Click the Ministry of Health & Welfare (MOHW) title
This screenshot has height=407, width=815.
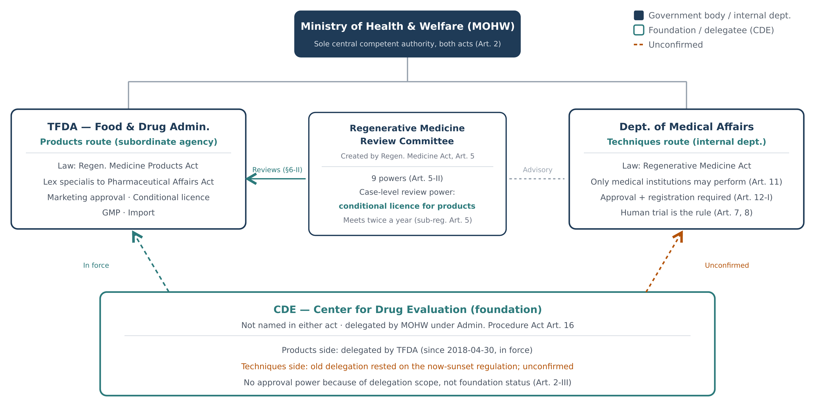point(407,26)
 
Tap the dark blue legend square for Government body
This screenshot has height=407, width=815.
point(638,15)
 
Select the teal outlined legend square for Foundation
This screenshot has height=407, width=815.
point(638,30)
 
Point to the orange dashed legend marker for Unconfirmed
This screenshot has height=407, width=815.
point(638,45)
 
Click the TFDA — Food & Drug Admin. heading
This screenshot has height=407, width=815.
point(128,127)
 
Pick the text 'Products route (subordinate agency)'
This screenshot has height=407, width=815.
point(128,142)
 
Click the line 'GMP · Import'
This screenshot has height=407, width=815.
point(128,213)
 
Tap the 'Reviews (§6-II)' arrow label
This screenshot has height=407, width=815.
point(277,170)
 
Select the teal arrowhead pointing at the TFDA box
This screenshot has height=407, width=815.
point(252,179)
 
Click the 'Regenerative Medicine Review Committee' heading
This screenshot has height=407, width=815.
point(407,135)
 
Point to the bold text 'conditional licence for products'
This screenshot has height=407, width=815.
point(407,206)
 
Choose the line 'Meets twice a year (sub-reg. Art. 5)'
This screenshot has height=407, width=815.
point(407,220)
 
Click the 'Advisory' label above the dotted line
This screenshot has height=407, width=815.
point(538,170)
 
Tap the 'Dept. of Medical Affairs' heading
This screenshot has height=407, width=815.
point(687,127)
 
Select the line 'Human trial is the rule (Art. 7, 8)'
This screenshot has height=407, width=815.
point(687,213)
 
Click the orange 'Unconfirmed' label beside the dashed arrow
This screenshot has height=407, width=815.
point(727,265)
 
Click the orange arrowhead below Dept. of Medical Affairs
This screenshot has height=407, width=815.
point(679,236)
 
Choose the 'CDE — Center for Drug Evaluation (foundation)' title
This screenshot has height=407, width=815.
point(407,310)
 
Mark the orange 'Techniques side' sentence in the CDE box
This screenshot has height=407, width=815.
point(407,367)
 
